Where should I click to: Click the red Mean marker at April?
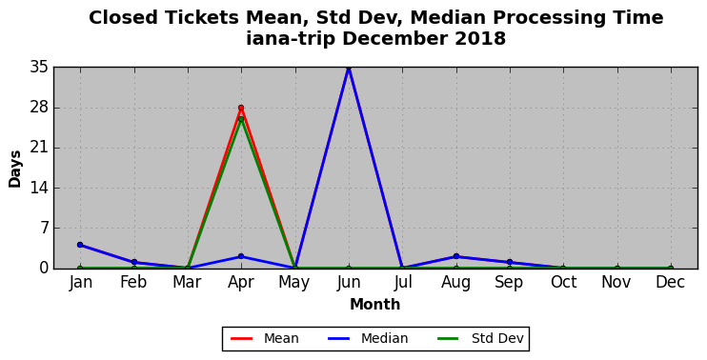[x=241, y=108]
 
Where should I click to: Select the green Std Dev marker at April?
[x=241, y=119]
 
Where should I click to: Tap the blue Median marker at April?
[x=241, y=256]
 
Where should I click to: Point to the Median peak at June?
[x=349, y=68]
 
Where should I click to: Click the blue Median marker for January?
[x=80, y=245]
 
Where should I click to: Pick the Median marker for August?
[x=455, y=256]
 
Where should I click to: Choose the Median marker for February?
[x=133, y=262]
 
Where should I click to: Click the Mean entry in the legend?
[x=265, y=338]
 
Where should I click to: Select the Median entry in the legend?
[x=368, y=338]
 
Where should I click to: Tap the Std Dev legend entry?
[x=480, y=338]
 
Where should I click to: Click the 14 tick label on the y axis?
[x=39, y=188]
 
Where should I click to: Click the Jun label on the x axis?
[x=349, y=283]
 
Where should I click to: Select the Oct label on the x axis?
[x=564, y=282]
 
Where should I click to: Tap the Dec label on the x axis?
[x=671, y=282]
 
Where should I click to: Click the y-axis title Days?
[x=15, y=169]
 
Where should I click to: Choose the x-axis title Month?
[x=375, y=304]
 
